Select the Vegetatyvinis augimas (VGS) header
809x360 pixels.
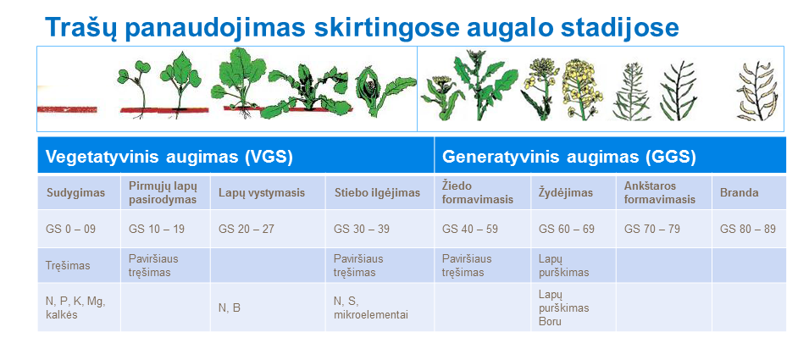point(169,157)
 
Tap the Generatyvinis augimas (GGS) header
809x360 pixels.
point(569,157)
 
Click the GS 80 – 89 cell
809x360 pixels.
point(748,229)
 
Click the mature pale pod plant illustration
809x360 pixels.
point(757,91)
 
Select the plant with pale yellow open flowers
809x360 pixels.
point(581,89)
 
